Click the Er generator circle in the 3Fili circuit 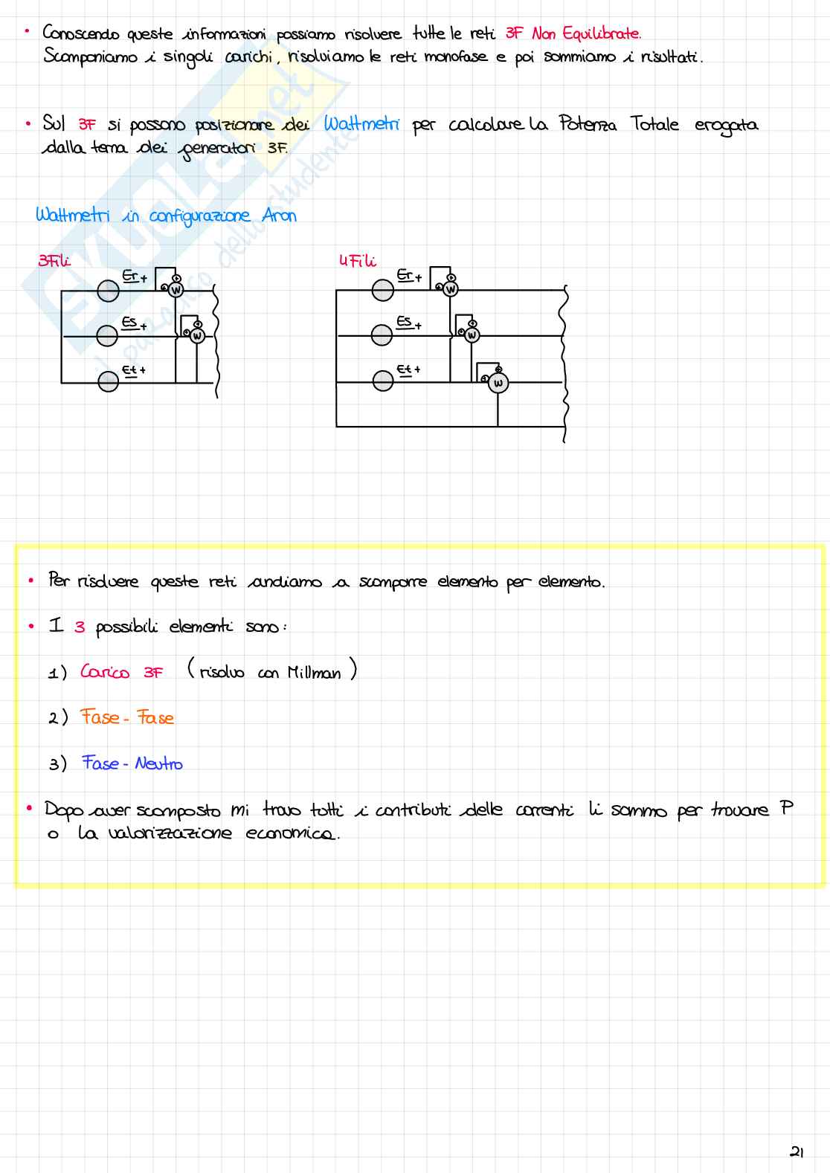click(x=109, y=291)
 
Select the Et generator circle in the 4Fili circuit click(x=383, y=381)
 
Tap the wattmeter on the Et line click(x=498, y=384)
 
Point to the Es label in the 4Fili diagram click(x=404, y=321)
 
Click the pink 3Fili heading click(x=54, y=260)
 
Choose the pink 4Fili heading click(x=357, y=261)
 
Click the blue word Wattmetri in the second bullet click(x=361, y=124)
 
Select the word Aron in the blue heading click(x=280, y=216)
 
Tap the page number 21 click(x=797, y=1152)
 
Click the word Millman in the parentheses click(x=314, y=673)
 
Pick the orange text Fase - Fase click(x=127, y=717)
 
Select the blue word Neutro click(x=158, y=763)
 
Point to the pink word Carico click(x=105, y=672)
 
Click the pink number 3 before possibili click(x=80, y=627)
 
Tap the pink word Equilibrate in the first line click(x=601, y=33)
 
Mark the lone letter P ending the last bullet click(x=786, y=808)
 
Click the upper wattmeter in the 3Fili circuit click(x=176, y=290)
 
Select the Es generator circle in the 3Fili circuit click(x=107, y=337)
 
